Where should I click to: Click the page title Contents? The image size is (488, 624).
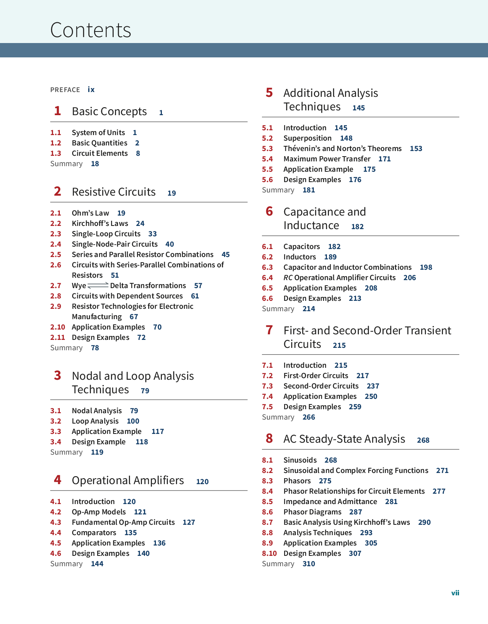(x=91, y=30)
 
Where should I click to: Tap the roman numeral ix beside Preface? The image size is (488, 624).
(x=91, y=90)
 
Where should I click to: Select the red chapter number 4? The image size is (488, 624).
(x=57, y=480)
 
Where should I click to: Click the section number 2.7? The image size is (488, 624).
(x=56, y=286)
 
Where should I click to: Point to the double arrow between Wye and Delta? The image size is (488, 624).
(x=98, y=285)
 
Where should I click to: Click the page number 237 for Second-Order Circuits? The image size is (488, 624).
(x=373, y=386)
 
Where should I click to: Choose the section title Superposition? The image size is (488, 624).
(x=307, y=138)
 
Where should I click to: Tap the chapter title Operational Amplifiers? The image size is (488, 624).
(x=128, y=481)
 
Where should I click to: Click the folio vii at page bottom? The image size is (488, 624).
(x=455, y=593)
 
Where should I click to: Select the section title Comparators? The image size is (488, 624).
(x=94, y=533)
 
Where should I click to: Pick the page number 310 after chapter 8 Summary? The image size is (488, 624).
(x=309, y=564)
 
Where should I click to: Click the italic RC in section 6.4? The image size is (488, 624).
(x=288, y=278)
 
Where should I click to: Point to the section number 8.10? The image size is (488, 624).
(x=269, y=553)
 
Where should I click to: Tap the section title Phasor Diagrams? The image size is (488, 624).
(x=313, y=512)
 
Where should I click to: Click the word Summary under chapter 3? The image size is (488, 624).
(x=66, y=452)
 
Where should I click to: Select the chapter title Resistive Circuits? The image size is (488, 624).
(x=114, y=192)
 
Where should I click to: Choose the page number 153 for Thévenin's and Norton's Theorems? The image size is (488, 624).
(x=416, y=149)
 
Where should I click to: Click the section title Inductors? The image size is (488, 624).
(x=299, y=257)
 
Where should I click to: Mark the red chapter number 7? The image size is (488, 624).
(x=269, y=330)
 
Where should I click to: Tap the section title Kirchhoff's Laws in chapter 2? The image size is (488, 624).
(x=100, y=224)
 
